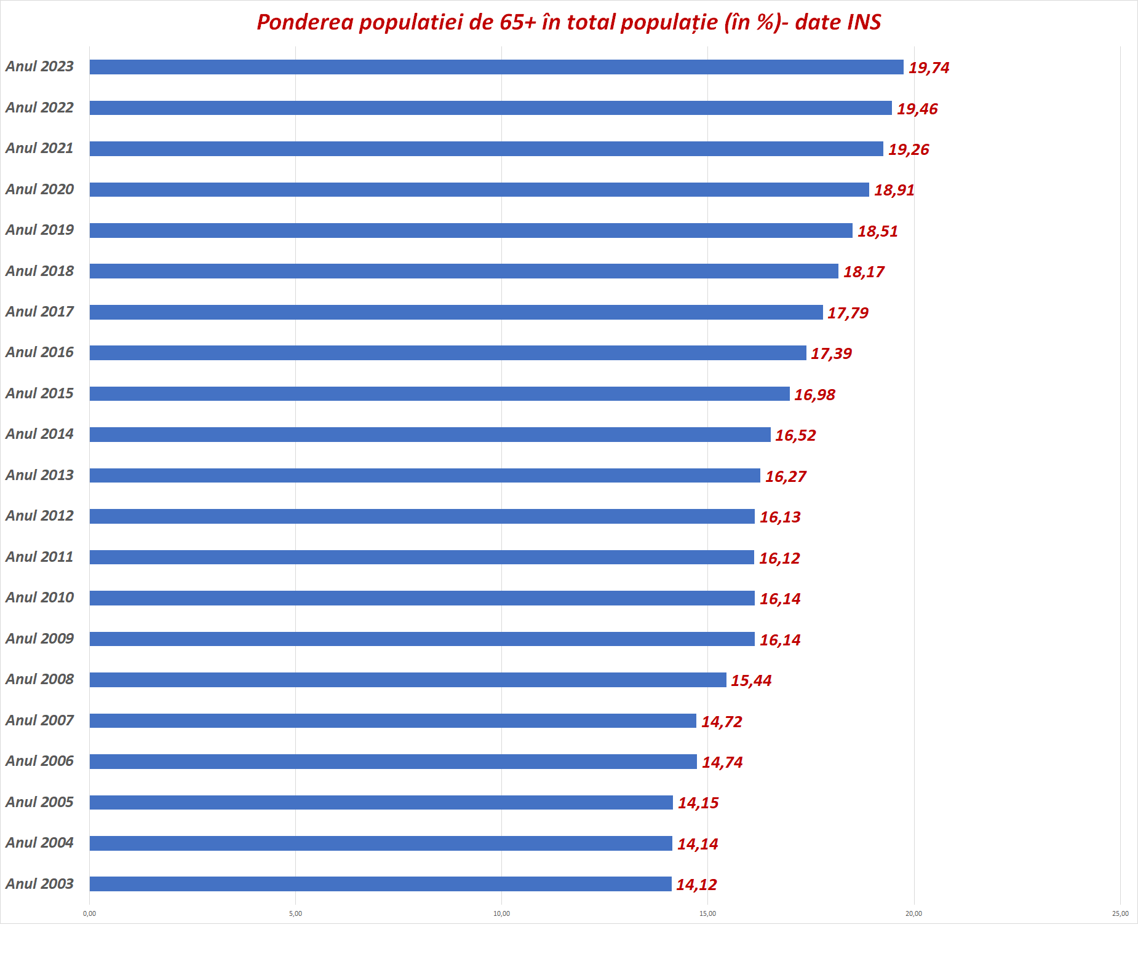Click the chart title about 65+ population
point(568,22)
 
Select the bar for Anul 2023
point(496,67)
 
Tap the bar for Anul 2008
point(407,680)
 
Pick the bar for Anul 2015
point(439,393)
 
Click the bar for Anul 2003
point(380,884)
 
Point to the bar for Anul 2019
point(471,231)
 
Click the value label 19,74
point(929,68)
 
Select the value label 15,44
point(751,680)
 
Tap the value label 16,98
point(814,395)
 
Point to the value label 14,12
point(696,885)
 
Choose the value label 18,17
point(864,272)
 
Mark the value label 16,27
point(786,476)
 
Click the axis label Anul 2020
point(39,189)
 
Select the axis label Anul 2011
point(39,557)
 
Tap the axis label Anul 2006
point(39,761)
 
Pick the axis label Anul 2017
point(39,312)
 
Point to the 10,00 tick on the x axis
point(501,913)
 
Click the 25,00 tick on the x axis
point(1120,913)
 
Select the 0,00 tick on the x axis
point(89,913)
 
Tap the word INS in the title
point(864,22)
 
